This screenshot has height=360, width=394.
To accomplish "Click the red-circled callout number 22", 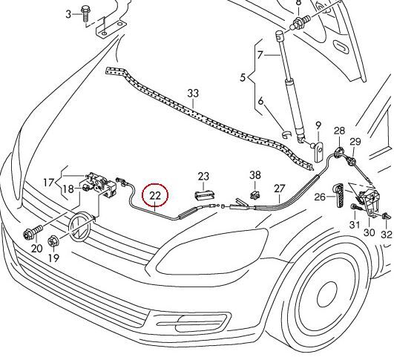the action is tap(154, 195).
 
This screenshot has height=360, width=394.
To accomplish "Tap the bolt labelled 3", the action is tap(85, 14).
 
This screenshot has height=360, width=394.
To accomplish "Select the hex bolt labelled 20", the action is tap(33, 232).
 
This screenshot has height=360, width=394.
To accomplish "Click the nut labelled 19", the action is tap(53, 242).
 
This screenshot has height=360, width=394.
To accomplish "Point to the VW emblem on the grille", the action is tap(80, 226).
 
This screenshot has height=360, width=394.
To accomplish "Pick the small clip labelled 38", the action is tap(255, 194).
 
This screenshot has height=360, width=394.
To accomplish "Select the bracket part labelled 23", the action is tap(205, 194).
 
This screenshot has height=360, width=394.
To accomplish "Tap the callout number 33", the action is tap(193, 94).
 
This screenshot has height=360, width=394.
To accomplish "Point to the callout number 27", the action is tap(279, 189).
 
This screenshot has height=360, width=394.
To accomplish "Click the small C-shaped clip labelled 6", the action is tap(286, 134).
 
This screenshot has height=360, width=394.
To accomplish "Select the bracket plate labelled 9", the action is tap(318, 151).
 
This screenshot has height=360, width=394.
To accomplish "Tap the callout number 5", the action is tap(243, 77).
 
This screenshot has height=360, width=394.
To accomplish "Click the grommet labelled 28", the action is tap(338, 152).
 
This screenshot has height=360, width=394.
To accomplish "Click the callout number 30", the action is tap(370, 233).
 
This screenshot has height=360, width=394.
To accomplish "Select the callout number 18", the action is tap(68, 189).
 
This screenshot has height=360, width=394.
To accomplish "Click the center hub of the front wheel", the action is tap(326, 295).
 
